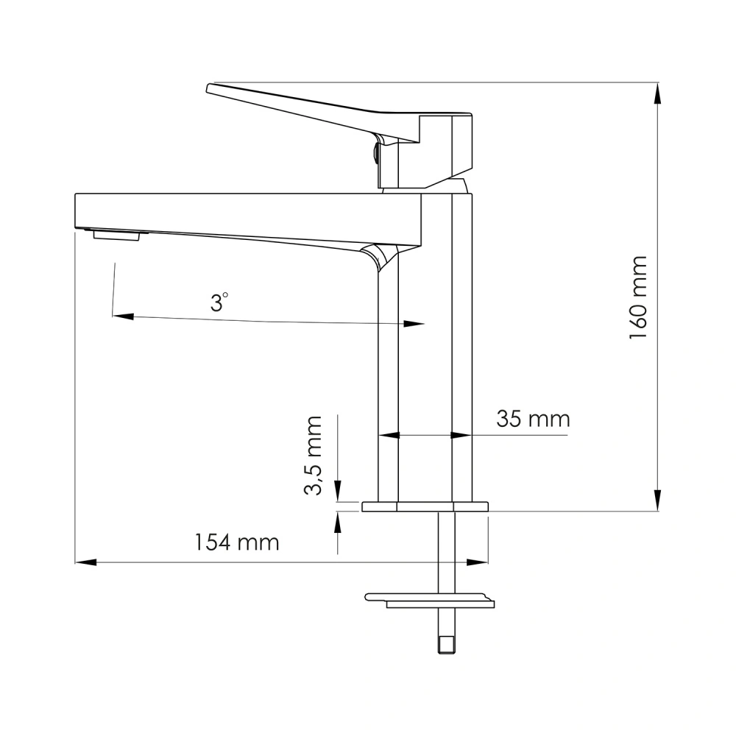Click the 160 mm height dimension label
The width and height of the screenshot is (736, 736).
(x=637, y=298)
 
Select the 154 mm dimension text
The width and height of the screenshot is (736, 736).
(x=236, y=542)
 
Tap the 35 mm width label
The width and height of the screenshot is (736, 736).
(x=533, y=420)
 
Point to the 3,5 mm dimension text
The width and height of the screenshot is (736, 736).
(x=315, y=456)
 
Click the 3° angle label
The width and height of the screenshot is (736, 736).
(x=219, y=302)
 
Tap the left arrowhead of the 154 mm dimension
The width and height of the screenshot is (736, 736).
(x=85, y=562)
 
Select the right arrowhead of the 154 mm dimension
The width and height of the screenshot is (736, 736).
(x=479, y=562)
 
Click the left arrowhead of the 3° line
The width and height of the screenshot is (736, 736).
(x=121, y=316)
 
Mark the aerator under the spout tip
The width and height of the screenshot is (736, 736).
(x=116, y=235)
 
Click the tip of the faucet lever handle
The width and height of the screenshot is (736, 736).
(x=210, y=88)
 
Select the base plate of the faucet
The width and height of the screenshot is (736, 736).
(x=425, y=506)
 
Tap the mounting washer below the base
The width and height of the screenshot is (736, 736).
(x=431, y=600)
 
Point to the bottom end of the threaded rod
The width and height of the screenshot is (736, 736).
(x=446, y=647)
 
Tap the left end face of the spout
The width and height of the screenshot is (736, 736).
(x=77, y=210)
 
